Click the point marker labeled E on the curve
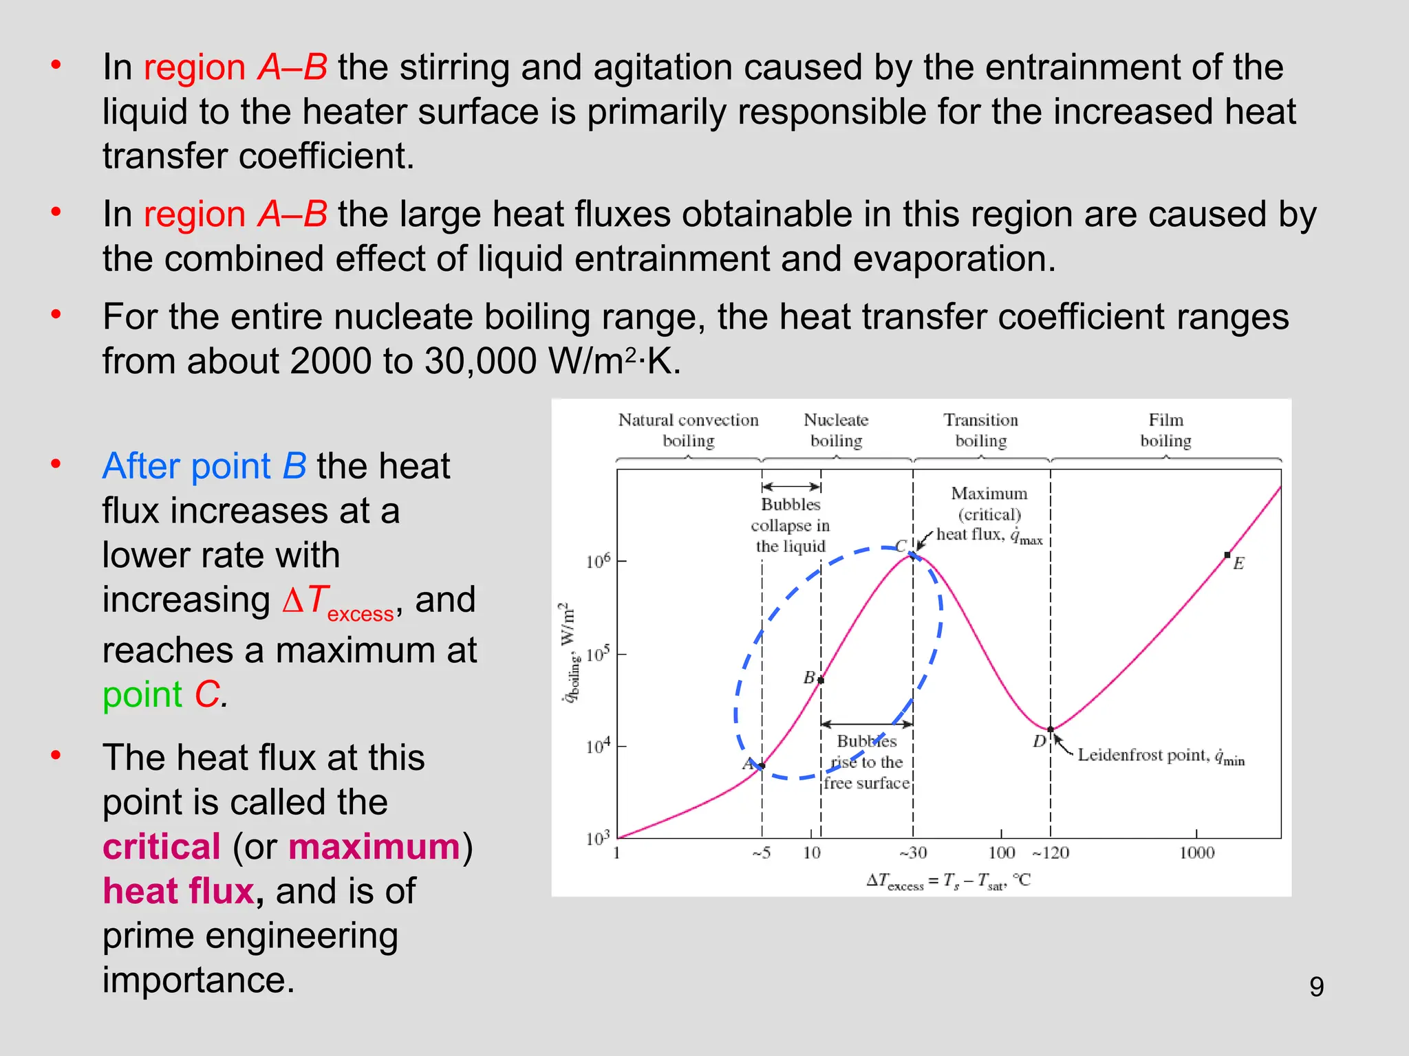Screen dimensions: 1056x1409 (x=1227, y=555)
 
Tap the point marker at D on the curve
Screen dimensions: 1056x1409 (x=1051, y=729)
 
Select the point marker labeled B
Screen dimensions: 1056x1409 (x=821, y=680)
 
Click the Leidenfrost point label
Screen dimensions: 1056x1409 (x=1161, y=756)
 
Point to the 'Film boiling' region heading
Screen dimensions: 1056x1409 (x=1165, y=430)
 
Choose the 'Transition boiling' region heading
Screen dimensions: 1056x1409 (x=981, y=430)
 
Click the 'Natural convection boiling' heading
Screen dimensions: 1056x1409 (x=688, y=430)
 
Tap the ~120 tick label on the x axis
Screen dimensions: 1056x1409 (x=1051, y=853)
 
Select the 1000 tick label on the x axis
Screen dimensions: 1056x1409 (x=1196, y=853)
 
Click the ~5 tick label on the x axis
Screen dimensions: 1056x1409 (x=761, y=853)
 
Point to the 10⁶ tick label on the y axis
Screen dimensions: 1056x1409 (x=598, y=562)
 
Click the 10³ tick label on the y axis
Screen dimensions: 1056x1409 (x=598, y=839)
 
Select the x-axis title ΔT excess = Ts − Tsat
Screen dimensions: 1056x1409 (x=949, y=882)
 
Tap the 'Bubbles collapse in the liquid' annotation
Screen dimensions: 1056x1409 (x=790, y=525)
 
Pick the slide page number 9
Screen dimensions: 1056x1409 (x=1316, y=987)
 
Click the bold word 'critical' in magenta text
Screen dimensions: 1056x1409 (x=162, y=846)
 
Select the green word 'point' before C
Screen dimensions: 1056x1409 (x=142, y=694)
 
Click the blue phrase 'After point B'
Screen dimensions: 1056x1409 (x=204, y=466)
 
